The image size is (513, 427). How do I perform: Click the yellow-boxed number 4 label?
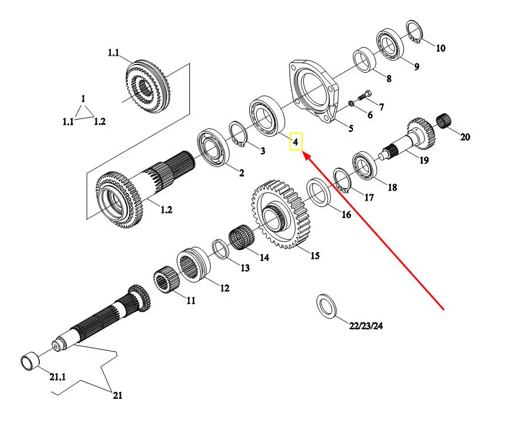295,142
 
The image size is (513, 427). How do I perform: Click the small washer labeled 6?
349,103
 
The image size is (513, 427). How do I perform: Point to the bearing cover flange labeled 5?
314,91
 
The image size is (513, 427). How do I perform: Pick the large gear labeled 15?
281,214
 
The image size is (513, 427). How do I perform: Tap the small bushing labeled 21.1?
30,361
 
